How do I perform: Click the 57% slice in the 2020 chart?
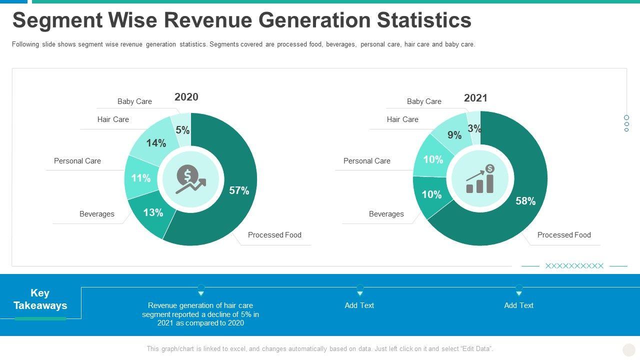coord(239,190)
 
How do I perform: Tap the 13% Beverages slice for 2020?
coord(152,213)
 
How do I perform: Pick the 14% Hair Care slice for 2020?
coord(155,143)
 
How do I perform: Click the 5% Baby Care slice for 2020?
coord(182,130)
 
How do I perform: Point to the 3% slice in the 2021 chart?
coord(474,128)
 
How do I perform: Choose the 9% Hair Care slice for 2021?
coord(454,135)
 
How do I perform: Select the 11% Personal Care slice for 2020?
coord(140,178)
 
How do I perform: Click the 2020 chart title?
coord(186,97)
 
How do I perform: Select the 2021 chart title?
coord(475,98)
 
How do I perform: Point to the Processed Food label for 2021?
coord(564,235)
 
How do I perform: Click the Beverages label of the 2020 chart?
coord(97,214)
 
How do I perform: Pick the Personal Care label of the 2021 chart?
coord(367,161)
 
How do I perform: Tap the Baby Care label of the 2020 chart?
coord(134,101)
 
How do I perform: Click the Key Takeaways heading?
coord(40,299)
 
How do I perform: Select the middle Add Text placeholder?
coord(359,305)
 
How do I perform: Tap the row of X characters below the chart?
coord(574,266)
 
